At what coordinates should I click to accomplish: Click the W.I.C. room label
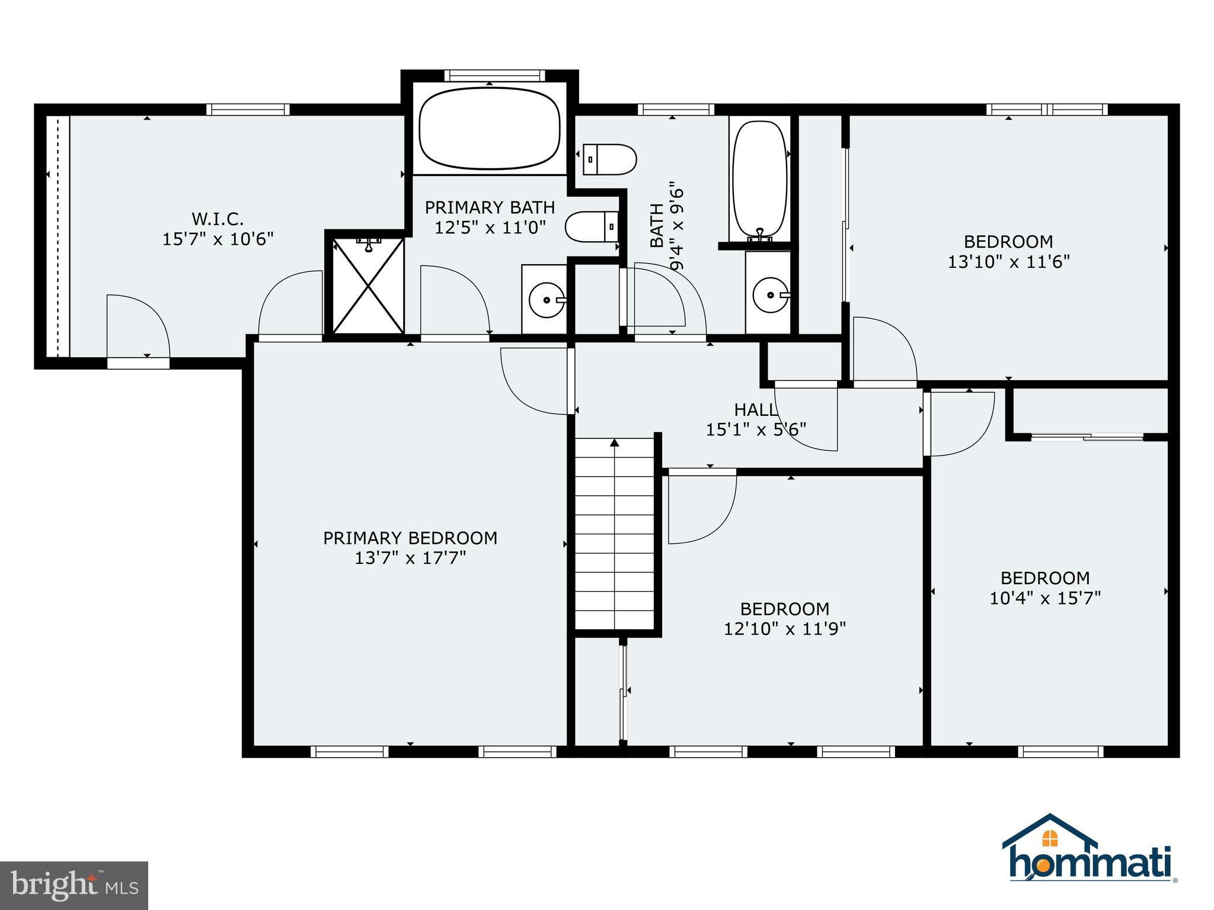(x=218, y=219)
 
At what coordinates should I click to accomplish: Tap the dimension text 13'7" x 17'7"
(x=410, y=558)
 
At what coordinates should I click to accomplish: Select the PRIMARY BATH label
(x=490, y=207)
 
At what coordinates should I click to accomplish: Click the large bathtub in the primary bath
(x=490, y=128)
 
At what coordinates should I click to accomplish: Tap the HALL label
(x=755, y=409)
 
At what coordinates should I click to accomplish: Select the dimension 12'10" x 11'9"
(x=784, y=629)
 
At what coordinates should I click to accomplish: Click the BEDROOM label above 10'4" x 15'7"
(x=1044, y=578)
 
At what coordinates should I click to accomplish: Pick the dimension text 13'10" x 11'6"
(x=1008, y=262)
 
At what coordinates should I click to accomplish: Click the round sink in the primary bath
(x=545, y=300)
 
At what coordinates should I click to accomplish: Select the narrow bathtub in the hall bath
(x=760, y=178)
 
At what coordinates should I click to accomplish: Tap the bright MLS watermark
(x=74, y=885)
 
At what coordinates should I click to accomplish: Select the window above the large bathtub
(x=494, y=76)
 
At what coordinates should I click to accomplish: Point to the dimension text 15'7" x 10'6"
(x=218, y=239)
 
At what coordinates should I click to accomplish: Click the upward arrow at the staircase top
(x=615, y=443)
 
